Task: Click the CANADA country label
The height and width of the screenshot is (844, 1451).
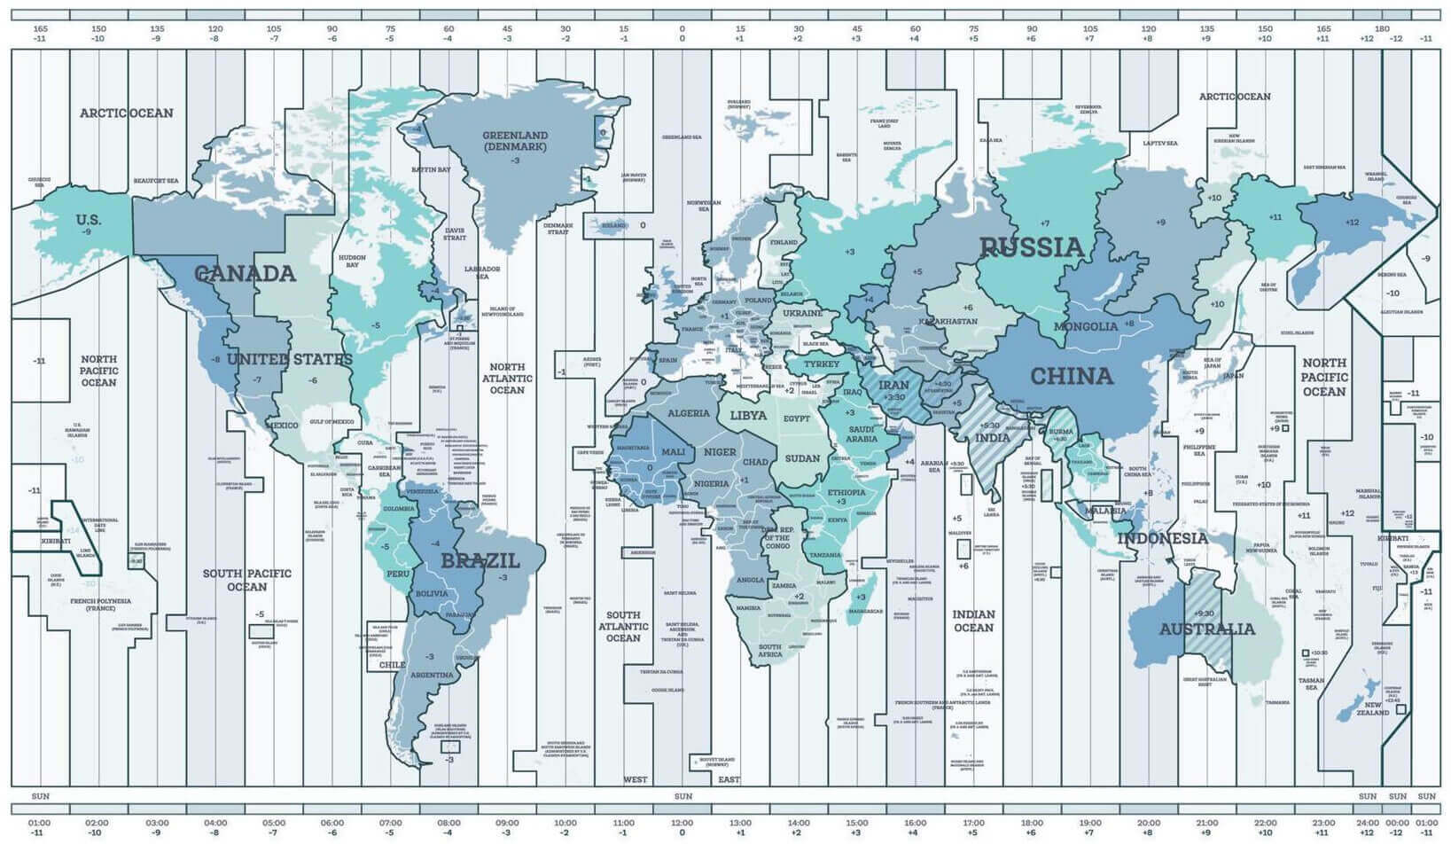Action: pyautogui.click(x=245, y=273)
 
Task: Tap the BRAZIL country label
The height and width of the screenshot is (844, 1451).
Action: pyautogui.click(x=480, y=560)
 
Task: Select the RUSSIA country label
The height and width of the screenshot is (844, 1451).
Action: pyautogui.click(x=1032, y=247)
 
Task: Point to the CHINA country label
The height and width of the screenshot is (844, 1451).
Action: pyautogui.click(x=1071, y=376)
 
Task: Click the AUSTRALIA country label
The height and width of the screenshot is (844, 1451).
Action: pyautogui.click(x=1207, y=629)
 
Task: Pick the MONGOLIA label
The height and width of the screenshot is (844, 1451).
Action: pyautogui.click(x=1086, y=326)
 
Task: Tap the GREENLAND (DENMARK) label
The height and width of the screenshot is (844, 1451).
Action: pyautogui.click(x=515, y=141)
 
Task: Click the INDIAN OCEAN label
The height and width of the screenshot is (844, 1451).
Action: pyautogui.click(x=973, y=621)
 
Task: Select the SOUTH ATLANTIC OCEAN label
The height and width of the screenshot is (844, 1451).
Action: pyautogui.click(x=623, y=626)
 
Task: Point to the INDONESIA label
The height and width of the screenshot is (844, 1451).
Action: pyautogui.click(x=1162, y=538)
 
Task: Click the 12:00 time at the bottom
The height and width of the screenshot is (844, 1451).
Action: pyautogui.click(x=682, y=823)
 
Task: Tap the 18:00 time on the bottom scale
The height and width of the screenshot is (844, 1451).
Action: pyautogui.click(x=1031, y=823)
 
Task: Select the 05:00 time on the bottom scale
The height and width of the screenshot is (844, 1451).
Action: pyautogui.click(x=274, y=823)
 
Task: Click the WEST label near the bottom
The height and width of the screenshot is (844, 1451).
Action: pyautogui.click(x=635, y=780)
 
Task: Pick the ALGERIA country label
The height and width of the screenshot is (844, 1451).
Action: pyautogui.click(x=689, y=413)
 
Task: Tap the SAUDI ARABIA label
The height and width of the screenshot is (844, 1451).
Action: pyautogui.click(x=861, y=433)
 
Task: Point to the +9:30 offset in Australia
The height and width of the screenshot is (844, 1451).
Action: pyautogui.click(x=1204, y=613)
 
